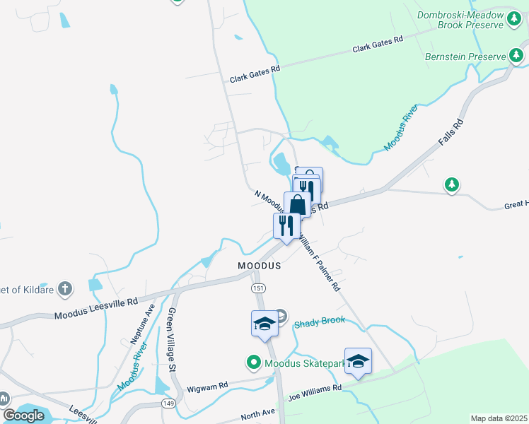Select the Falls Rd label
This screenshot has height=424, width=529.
(450, 133)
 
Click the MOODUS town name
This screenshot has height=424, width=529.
(259, 266)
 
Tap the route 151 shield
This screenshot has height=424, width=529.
(260, 288)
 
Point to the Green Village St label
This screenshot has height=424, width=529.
(171, 339)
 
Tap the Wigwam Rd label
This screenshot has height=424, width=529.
(207, 387)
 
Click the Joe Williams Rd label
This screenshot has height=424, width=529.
(313, 391)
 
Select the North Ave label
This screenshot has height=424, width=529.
(257, 415)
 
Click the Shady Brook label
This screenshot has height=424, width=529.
(320, 320)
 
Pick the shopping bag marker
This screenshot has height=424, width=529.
(298, 205)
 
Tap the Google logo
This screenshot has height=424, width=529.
(23, 416)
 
